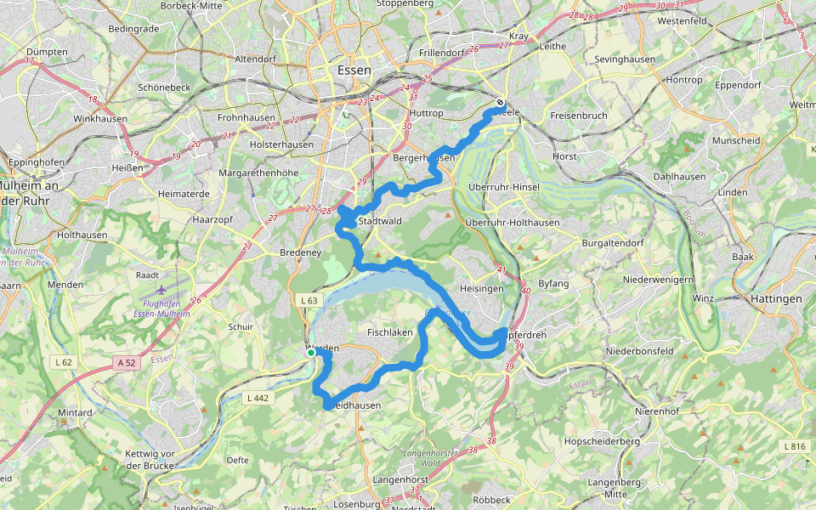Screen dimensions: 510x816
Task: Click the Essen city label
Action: click(x=354, y=71)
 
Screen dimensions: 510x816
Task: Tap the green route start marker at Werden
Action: click(x=311, y=352)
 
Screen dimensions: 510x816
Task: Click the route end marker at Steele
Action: click(x=500, y=104)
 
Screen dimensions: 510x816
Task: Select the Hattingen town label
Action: click(x=776, y=299)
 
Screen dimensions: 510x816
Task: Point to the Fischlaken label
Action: click(x=389, y=332)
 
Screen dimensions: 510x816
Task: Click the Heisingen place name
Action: click(x=482, y=289)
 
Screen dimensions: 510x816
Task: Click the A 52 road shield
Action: click(x=127, y=363)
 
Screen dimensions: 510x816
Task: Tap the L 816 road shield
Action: click(x=795, y=446)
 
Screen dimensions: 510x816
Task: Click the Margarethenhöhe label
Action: click(x=259, y=173)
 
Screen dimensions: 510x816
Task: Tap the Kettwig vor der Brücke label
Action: click(x=150, y=460)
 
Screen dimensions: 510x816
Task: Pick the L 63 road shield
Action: click(x=309, y=300)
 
